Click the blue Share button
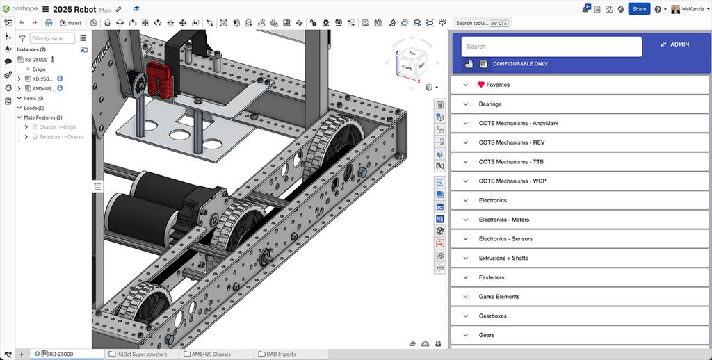[639, 9]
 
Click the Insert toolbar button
[71, 23]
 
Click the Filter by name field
[53, 38]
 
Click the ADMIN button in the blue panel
[674, 44]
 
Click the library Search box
[551, 47]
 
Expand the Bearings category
[489, 104]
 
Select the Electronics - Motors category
[503, 220]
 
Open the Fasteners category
[491, 277]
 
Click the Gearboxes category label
[492, 316]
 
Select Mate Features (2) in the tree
[43, 117]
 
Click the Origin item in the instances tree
[39, 69]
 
